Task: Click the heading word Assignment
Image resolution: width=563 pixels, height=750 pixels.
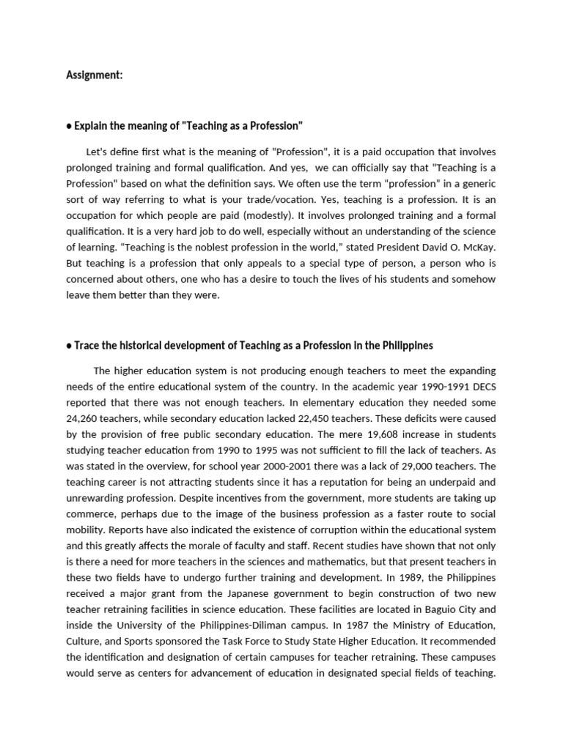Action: click(x=94, y=75)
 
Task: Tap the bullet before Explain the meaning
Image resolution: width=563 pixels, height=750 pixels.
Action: click(x=69, y=126)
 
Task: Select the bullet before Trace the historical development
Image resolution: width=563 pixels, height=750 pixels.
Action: click(x=69, y=345)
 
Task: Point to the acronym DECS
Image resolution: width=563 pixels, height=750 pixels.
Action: click(x=479, y=387)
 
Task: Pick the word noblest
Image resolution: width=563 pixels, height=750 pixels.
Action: click(x=172, y=248)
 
